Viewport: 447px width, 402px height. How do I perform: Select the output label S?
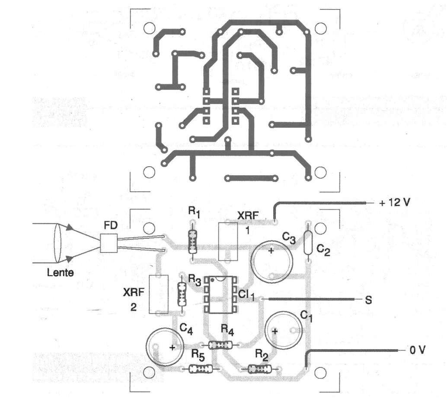(368, 299)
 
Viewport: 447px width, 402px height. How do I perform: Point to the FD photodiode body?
(109, 244)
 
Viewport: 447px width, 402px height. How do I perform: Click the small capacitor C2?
(308, 243)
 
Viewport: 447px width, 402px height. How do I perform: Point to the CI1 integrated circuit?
(220, 294)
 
